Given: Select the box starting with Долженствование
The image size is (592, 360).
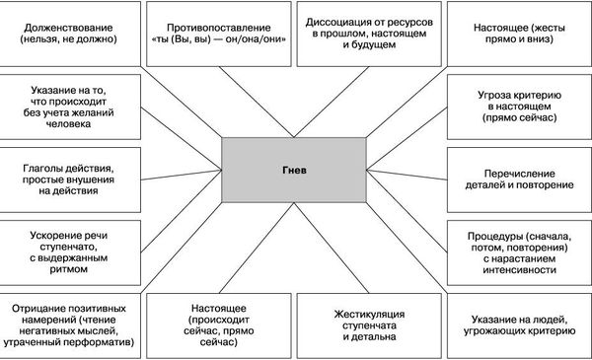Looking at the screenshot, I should click(74, 31).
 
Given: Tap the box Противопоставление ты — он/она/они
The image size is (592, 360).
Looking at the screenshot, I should click(222, 31).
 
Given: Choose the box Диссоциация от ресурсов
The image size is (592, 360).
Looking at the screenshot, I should click(369, 31).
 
